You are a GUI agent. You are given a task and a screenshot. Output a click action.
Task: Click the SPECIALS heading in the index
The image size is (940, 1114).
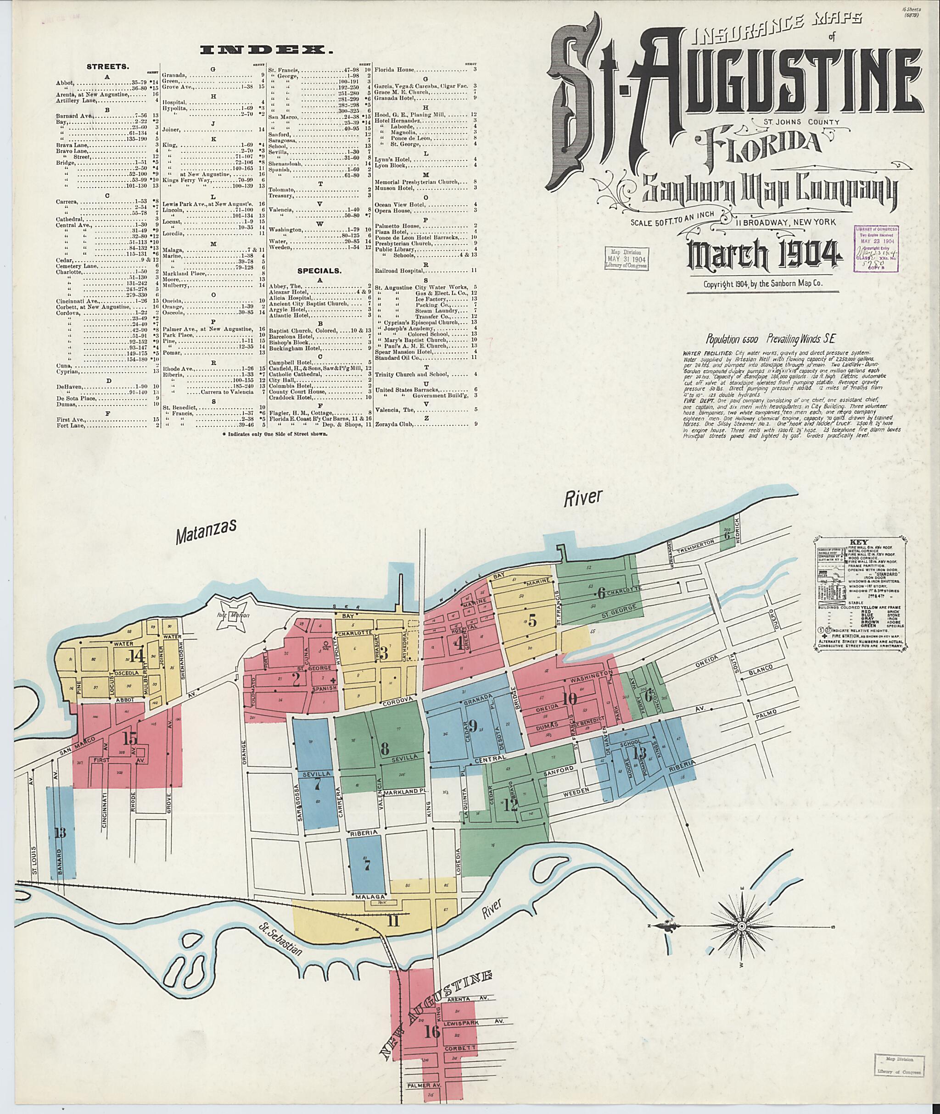tap(319, 271)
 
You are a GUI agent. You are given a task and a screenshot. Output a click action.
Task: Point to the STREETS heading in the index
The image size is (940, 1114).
tap(108, 67)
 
